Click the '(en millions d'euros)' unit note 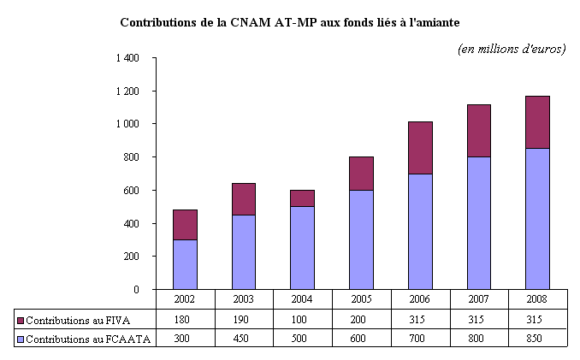(x=512, y=49)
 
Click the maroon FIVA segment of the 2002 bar (x=185, y=224)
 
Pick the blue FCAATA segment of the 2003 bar (x=244, y=251)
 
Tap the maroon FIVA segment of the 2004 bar (x=302, y=198)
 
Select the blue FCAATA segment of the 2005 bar (x=361, y=239)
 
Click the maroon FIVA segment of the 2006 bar (x=420, y=147)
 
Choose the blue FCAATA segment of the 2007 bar (x=478, y=222)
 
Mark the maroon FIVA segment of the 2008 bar (x=537, y=121)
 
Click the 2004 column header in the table (x=302, y=298)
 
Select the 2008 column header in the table (x=537, y=298)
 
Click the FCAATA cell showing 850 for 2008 (x=537, y=339)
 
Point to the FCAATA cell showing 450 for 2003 (x=244, y=339)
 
